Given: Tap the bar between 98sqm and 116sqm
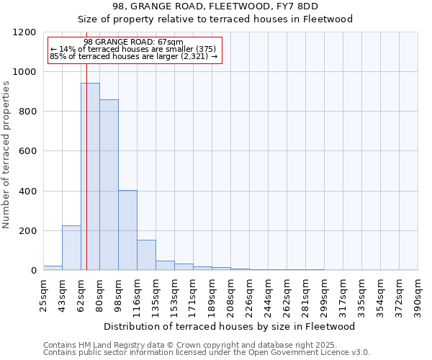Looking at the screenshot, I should [127, 230].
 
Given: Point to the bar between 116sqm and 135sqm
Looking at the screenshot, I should [146, 255].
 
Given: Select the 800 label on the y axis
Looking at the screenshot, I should [27, 112].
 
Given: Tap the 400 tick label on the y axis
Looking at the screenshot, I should [27, 192].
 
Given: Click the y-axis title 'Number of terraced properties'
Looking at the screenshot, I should [6, 154].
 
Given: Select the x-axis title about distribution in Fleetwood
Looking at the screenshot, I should [230, 326].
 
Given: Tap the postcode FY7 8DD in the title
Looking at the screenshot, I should [287, 6].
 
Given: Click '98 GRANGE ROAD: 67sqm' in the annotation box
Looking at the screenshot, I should [134, 42].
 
